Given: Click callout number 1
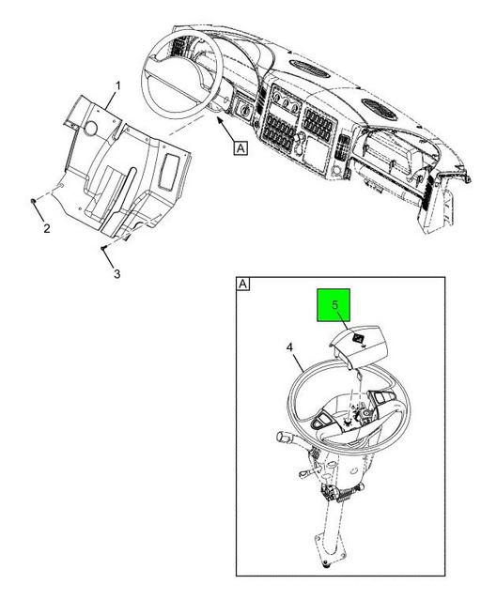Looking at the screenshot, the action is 118,86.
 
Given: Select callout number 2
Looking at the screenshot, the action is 47,228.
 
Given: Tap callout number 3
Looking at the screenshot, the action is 116,273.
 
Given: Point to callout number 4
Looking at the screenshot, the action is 289,347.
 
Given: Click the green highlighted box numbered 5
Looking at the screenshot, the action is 334,305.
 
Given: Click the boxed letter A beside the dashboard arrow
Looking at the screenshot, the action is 240,147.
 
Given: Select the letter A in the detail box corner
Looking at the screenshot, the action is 243,284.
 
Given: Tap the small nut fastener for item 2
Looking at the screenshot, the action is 33,201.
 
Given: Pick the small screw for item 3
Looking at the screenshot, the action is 103,248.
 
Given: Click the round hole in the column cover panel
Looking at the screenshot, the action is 91,129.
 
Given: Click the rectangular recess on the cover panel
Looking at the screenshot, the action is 168,171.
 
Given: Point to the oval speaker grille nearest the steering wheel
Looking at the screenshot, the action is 310,69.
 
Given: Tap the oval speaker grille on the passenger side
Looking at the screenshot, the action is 379,109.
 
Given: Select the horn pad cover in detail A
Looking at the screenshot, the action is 358,346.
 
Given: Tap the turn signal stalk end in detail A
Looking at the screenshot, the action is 282,436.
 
